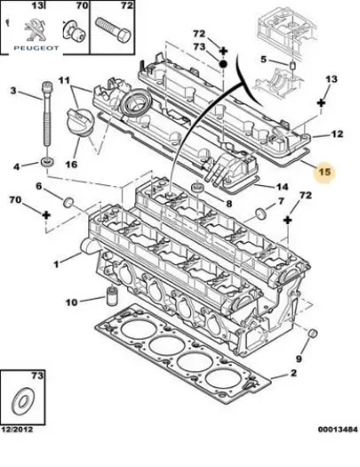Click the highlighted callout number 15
[x=323, y=172]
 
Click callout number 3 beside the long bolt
[x=13, y=91]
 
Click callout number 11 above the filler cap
[x=63, y=81]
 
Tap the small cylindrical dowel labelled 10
[x=109, y=298]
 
